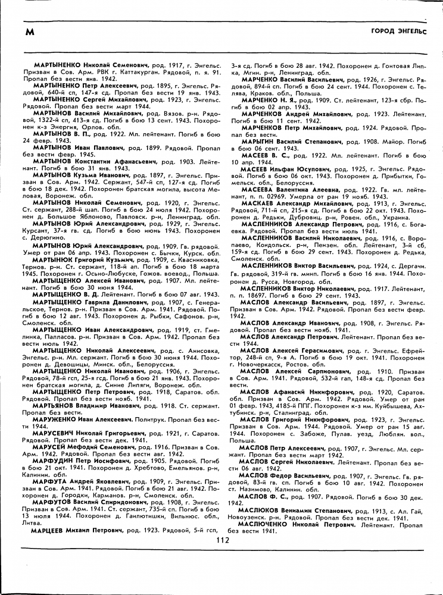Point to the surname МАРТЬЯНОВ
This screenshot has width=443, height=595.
(x=56, y=406)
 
